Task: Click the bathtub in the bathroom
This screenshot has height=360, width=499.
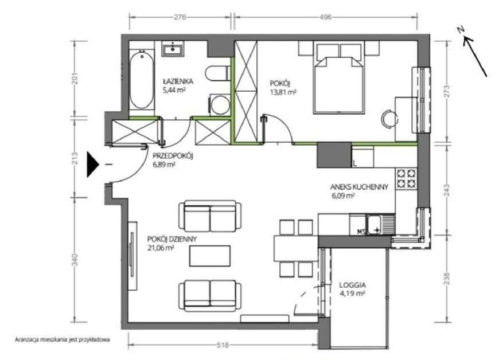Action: point(142,80)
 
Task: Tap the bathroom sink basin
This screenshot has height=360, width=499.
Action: point(173,50)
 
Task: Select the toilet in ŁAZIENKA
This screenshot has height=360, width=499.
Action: point(218,73)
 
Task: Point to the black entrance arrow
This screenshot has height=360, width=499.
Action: point(93,164)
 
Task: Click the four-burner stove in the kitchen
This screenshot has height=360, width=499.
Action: point(406,178)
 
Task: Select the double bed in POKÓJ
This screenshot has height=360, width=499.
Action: point(338,77)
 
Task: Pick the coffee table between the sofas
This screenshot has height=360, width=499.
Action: point(210,256)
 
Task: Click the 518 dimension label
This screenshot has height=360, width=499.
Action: point(223,345)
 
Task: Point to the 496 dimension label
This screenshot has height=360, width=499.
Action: point(325,17)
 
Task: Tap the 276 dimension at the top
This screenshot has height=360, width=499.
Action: point(180,17)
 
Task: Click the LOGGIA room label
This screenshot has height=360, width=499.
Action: point(352,285)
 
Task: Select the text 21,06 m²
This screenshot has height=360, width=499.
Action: point(161,248)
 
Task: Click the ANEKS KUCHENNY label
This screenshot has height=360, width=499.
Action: point(359,187)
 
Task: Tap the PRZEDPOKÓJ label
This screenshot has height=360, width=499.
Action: point(173,156)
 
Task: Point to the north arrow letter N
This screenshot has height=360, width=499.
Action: point(461,30)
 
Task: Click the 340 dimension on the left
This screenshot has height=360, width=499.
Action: point(75,260)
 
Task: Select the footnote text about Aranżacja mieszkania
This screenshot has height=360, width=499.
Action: point(63,339)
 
